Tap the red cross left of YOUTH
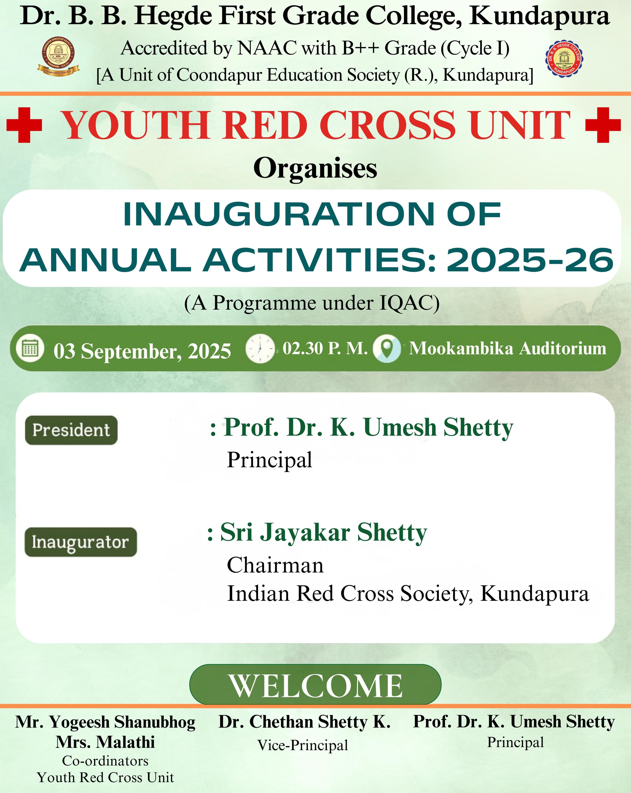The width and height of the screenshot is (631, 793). [x=24, y=125]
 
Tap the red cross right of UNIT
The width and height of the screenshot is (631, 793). [x=603, y=125]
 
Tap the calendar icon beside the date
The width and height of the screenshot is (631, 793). [x=30, y=348]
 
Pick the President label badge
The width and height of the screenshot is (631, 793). [x=71, y=430]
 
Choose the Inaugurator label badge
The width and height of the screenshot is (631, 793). [x=81, y=542]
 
